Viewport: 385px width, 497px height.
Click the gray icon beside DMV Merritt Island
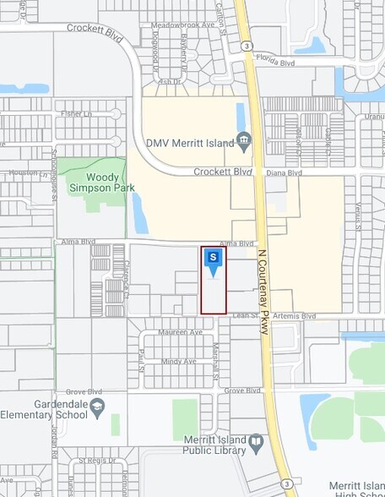[x=245, y=140]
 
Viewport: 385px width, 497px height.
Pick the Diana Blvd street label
[x=284, y=172]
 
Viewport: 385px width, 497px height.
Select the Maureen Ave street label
[x=182, y=332]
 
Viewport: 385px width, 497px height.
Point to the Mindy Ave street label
[x=178, y=361]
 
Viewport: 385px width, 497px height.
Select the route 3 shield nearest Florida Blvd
[x=244, y=44]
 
